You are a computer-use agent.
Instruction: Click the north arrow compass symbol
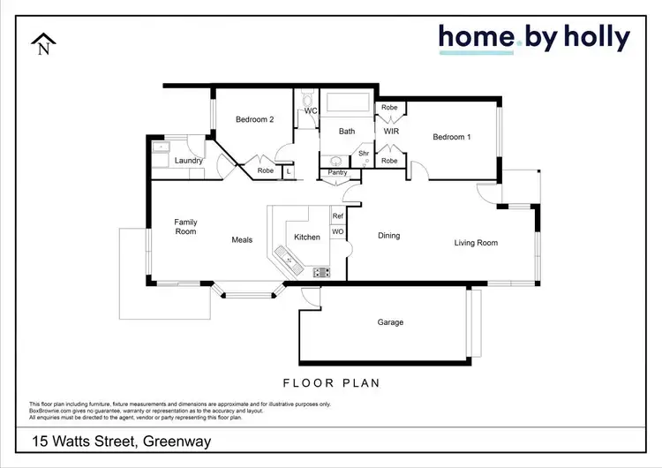pyautogui.click(x=43, y=45)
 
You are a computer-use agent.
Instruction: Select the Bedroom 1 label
pyautogui.click(x=451, y=137)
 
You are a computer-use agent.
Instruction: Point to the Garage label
pyautogui.click(x=390, y=322)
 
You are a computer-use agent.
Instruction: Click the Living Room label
pyautogui.click(x=476, y=243)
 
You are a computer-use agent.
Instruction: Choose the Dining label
pyautogui.click(x=388, y=236)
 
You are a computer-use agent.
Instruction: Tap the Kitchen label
pyautogui.click(x=307, y=237)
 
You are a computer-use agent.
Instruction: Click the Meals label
pyautogui.click(x=242, y=239)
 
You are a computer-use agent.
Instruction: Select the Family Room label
pyautogui.click(x=185, y=227)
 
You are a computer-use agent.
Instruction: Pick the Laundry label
pyautogui.click(x=189, y=161)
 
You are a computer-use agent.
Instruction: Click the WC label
pyautogui.click(x=311, y=111)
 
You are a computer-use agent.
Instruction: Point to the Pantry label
pyautogui.click(x=337, y=172)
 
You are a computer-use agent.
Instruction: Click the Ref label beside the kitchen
pyautogui.click(x=337, y=216)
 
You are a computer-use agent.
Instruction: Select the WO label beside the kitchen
pyautogui.click(x=337, y=231)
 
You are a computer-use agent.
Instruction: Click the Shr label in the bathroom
pyautogui.click(x=363, y=154)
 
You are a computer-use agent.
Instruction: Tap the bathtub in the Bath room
pyautogui.click(x=347, y=103)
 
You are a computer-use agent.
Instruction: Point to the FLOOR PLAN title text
pyautogui.click(x=331, y=383)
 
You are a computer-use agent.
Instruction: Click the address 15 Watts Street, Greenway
pyautogui.click(x=122, y=441)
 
